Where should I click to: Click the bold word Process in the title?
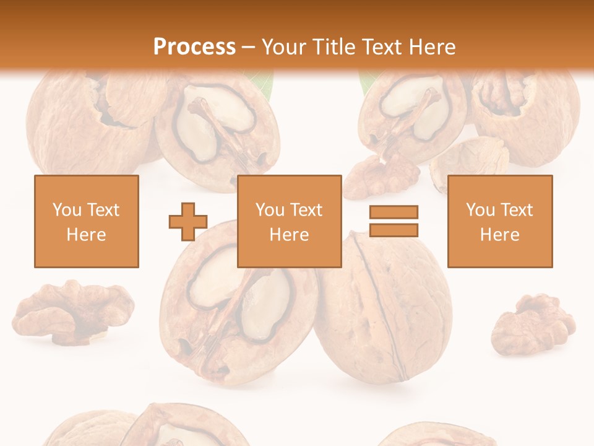194,46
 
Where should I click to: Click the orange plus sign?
188,222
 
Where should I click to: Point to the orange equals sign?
394,221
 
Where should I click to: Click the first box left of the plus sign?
87,221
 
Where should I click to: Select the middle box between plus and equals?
290,221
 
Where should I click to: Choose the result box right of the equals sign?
500,221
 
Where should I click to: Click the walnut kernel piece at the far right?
533,323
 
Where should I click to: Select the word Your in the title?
282,46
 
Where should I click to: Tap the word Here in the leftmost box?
87,235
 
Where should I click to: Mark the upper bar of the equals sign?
394,212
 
